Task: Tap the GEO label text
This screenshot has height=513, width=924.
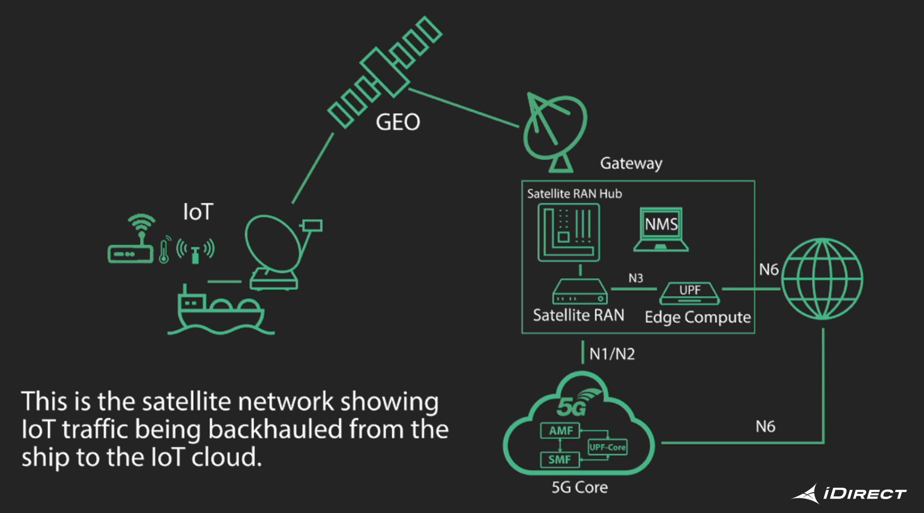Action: point(398,122)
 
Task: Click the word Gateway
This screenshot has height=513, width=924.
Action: point(631,163)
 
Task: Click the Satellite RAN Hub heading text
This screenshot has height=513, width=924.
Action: point(574,194)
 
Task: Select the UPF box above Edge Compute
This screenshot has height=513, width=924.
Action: point(689,293)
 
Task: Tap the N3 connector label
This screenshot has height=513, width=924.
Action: point(636,278)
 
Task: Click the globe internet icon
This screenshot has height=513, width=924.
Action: point(822,279)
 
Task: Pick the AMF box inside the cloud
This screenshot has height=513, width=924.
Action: point(560,431)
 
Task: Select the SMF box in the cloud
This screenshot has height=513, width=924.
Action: point(559,460)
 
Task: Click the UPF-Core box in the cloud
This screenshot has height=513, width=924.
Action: point(607,447)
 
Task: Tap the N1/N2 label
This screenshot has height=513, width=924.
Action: point(612,354)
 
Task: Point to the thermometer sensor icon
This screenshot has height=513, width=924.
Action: point(164,251)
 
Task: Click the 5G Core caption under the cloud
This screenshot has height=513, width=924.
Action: point(579,487)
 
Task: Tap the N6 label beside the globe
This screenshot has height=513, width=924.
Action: point(769,270)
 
